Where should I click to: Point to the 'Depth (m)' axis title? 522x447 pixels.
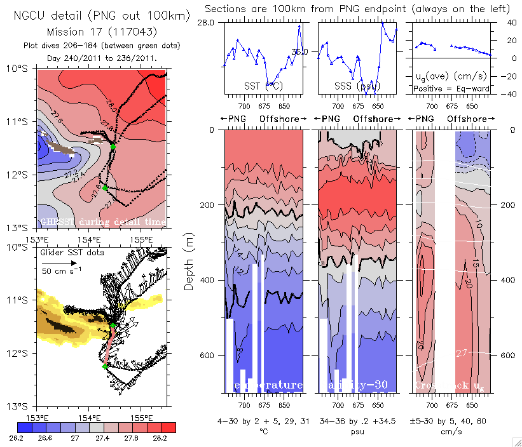[189, 261]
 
